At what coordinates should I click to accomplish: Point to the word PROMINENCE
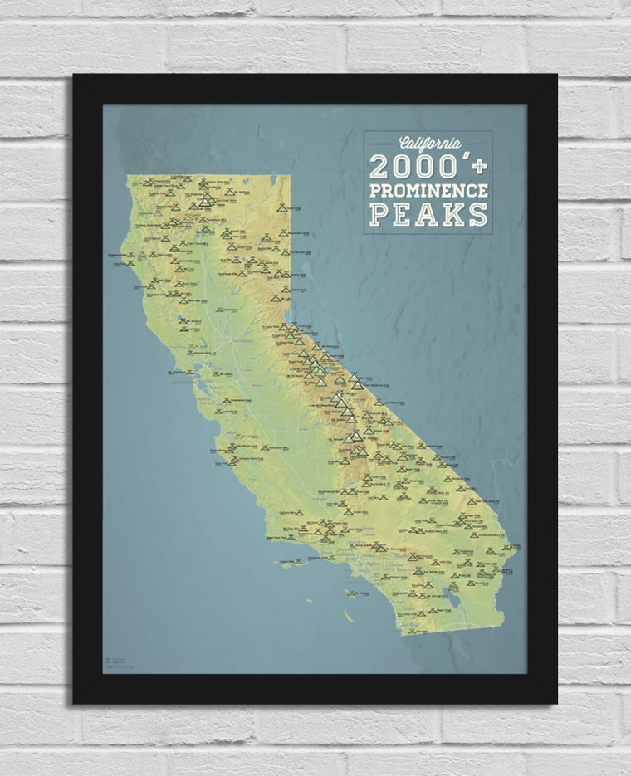point(428,190)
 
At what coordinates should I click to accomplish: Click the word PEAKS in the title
point(428,214)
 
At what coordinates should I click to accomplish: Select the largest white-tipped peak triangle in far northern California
point(206,199)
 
